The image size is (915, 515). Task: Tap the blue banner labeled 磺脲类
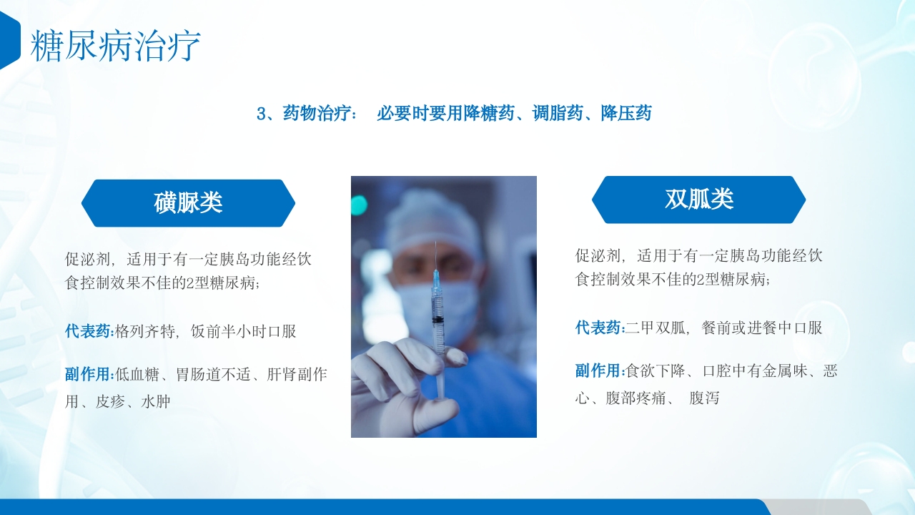[x=188, y=203]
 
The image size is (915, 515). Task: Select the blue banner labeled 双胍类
[x=698, y=200]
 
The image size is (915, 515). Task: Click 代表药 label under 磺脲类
[x=88, y=331]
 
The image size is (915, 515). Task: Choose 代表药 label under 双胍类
[x=599, y=328]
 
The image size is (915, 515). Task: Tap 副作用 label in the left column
[x=88, y=374]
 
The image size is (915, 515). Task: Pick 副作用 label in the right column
[x=599, y=371]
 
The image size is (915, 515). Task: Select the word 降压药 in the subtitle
[x=626, y=113]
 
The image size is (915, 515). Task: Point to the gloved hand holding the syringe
[x=400, y=379]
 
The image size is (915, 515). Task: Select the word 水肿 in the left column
[x=156, y=402]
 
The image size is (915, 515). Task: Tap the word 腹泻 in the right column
[x=704, y=398]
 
